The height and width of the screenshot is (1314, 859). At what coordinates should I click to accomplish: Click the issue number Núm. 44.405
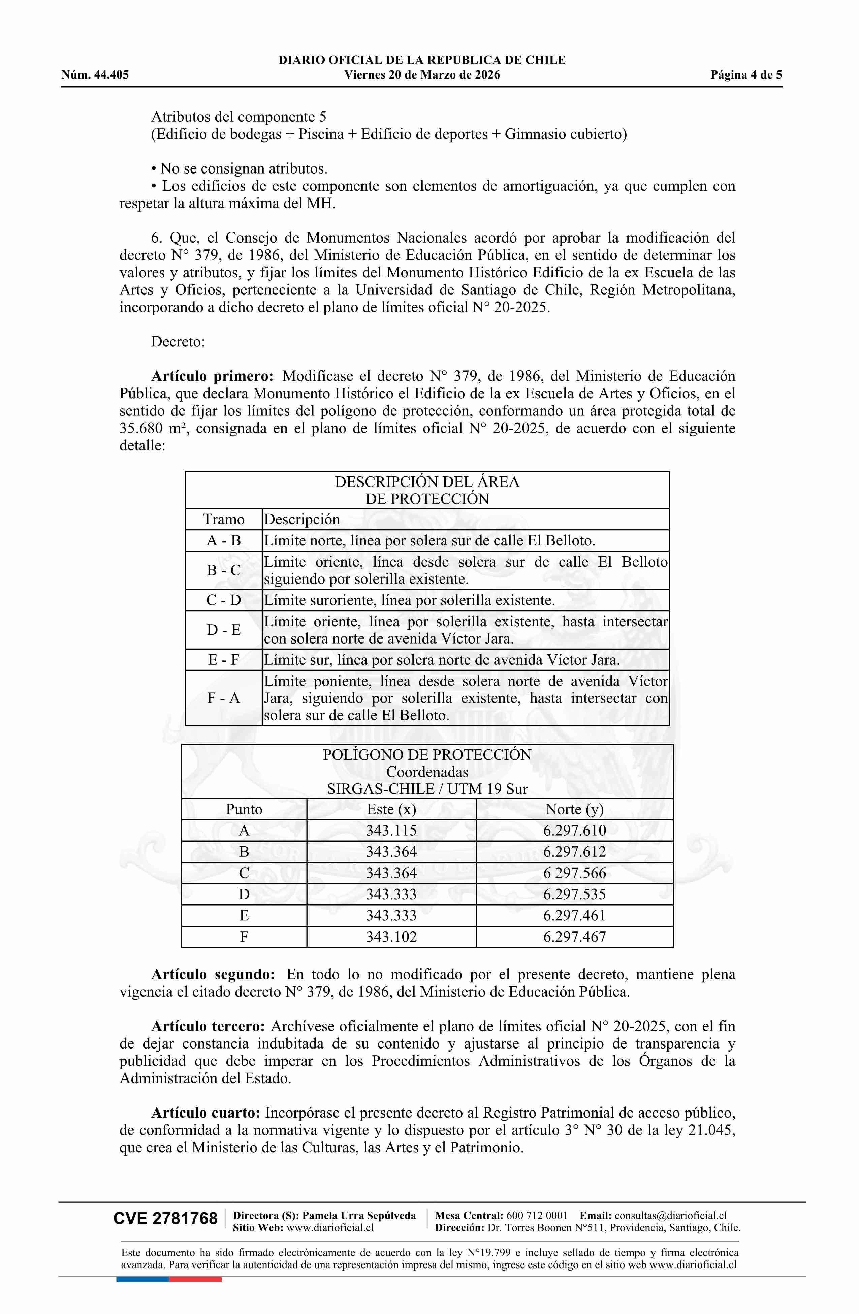pyautogui.click(x=95, y=75)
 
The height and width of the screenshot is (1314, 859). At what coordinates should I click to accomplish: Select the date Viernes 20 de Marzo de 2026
pyautogui.click(x=422, y=75)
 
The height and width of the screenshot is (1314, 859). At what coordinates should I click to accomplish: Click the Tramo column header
pyautogui.click(x=224, y=520)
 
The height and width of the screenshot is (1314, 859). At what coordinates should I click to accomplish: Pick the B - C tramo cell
pyautogui.click(x=224, y=570)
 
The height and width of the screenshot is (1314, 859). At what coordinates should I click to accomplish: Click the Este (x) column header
pyautogui.click(x=391, y=809)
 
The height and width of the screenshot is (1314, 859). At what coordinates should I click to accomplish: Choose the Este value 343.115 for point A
pyautogui.click(x=391, y=831)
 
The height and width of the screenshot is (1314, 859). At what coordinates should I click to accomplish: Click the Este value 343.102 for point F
pyautogui.click(x=391, y=937)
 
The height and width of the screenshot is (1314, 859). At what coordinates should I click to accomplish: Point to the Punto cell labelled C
pyautogui.click(x=244, y=873)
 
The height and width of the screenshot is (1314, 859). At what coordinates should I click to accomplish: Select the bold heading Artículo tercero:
pyautogui.click(x=208, y=1026)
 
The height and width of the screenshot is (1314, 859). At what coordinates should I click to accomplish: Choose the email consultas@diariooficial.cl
pyautogui.click(x=670, y=1215)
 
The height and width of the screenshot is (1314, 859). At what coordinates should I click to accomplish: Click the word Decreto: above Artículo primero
pyautogui.click(x=178, y=342)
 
